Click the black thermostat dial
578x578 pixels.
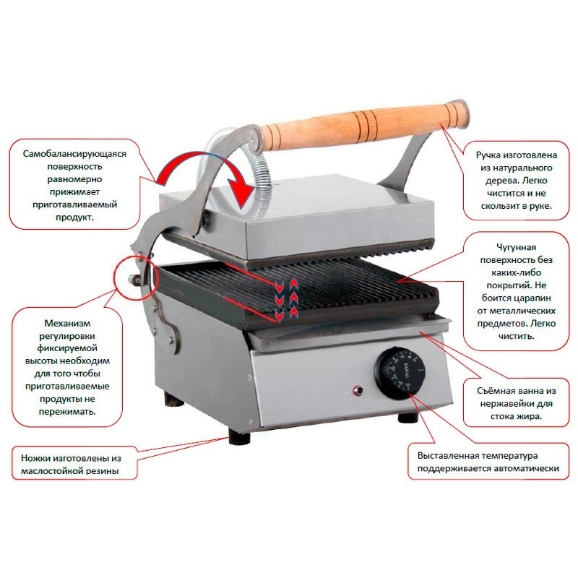click(400, 373)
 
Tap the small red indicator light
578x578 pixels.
click(357, 390)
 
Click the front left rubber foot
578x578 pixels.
click(239, 436)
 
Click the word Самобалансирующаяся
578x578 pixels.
click(74, 154)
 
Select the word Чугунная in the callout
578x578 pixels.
click(516, 247)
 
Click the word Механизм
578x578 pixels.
click(67, 323)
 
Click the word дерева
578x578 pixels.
click(499, 181)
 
